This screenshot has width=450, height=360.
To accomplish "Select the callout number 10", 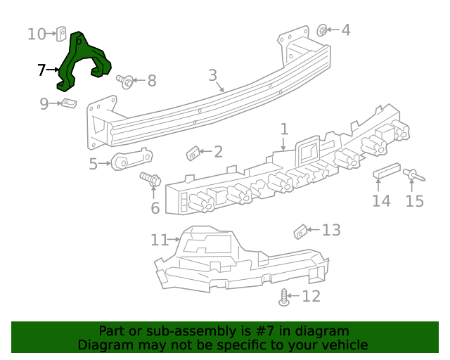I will [x=37, y=33].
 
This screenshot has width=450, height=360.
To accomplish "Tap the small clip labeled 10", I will [x=61, y=33].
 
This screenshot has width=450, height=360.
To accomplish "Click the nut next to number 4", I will [x=322, y=30].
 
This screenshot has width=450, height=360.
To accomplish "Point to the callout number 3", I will [x=212, y=75].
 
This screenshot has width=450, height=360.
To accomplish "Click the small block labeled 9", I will [x=68, y=104].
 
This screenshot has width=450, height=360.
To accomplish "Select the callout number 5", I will [x=94, y=164].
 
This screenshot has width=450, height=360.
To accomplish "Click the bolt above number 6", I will [x=150, y=179].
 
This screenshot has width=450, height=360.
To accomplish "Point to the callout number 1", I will [x=284, y=129].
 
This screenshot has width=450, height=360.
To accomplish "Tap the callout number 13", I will [x=331, y=230].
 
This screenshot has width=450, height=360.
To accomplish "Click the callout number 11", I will [x=160, y=240].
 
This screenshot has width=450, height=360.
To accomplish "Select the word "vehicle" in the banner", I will [x=342, y=345].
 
